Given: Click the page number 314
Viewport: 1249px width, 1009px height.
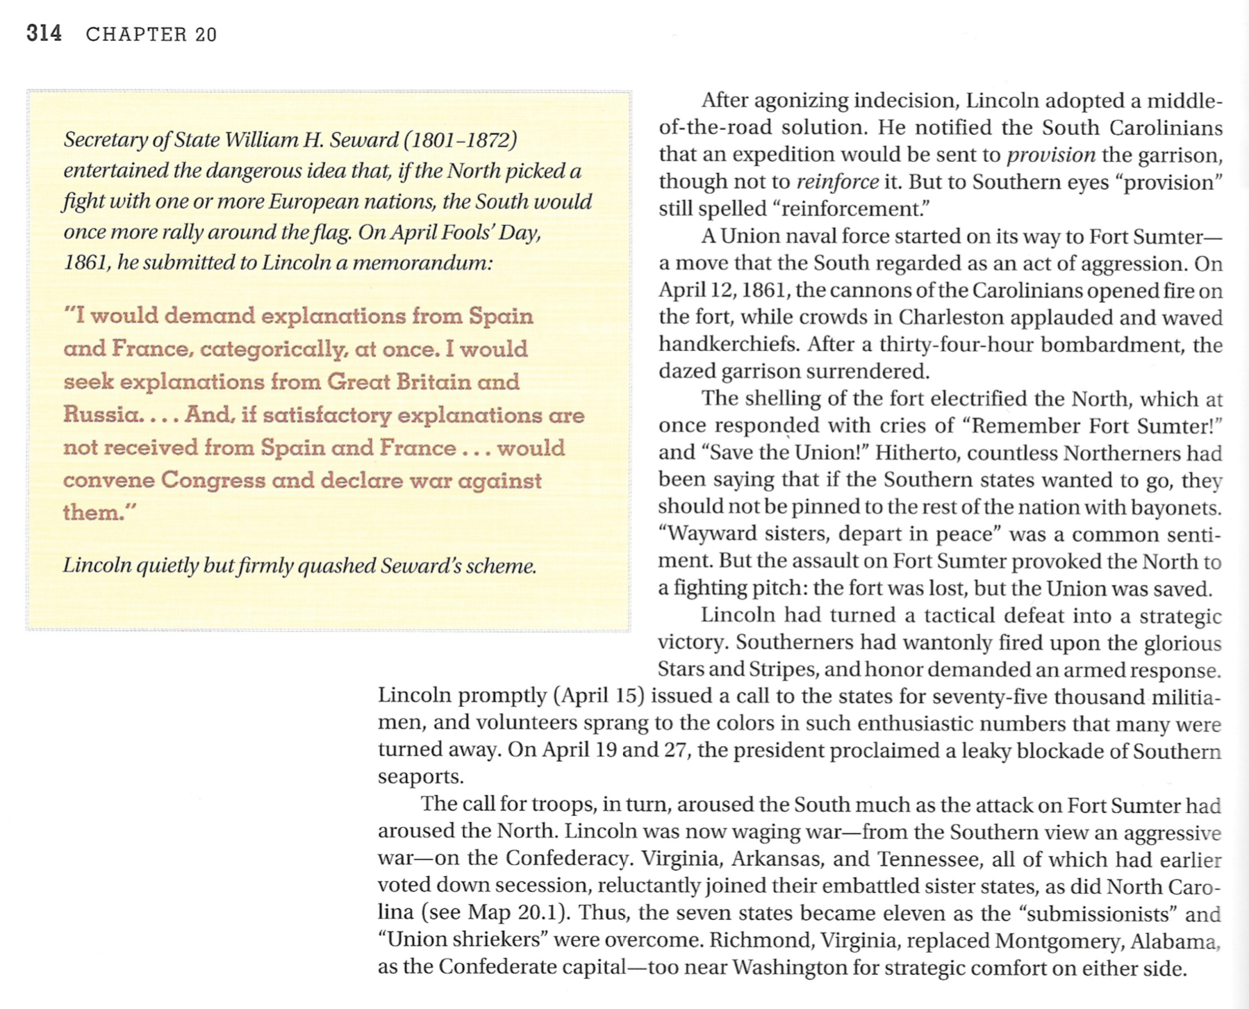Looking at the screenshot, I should [44, 33].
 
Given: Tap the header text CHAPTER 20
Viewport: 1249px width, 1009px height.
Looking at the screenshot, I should [151, 35].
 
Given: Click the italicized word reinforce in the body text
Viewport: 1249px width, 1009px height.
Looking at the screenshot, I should [837, 182].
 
